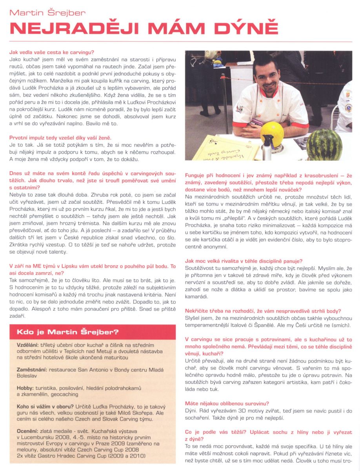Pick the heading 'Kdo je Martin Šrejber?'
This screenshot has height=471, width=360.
click(x=67, y=332)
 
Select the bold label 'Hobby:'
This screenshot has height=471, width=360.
click(x=25, y=388)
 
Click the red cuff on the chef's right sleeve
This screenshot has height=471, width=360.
click(x=245, y=126)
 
